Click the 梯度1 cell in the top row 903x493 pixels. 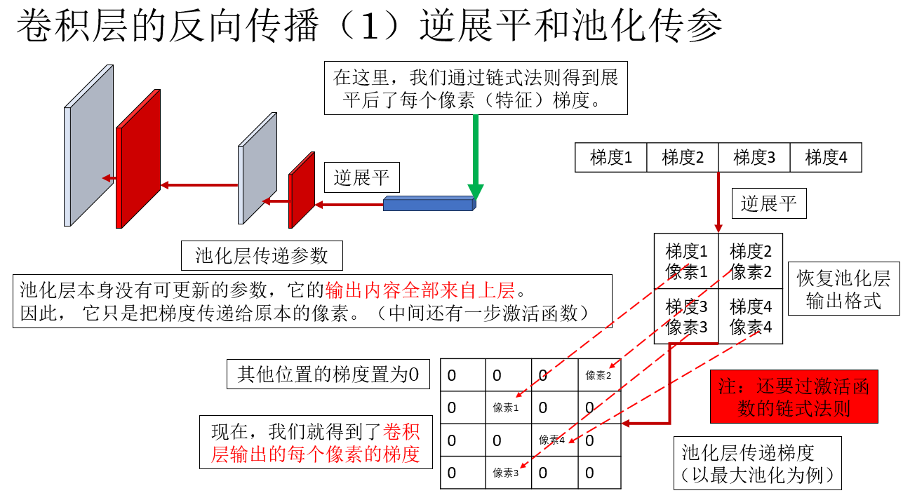point(611,158)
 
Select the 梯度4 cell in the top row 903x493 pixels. point(826,158)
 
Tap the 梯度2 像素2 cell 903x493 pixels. point(750,261)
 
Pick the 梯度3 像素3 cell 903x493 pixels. point(686,316)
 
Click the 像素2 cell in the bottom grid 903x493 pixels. point(598,375)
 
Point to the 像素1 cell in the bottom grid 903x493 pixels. point(506,407)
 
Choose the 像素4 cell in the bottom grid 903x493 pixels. point(552,440)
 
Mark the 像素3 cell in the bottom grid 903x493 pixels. point(506,473)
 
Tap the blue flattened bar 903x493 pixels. point(429,205)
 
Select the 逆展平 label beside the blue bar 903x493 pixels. point(361,178)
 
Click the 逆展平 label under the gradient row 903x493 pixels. point(769,203)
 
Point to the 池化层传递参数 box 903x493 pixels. point(262,256)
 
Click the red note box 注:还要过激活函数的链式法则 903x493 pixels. point(794,397)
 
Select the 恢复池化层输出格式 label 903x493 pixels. point(843,290)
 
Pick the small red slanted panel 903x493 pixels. point(302,191)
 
